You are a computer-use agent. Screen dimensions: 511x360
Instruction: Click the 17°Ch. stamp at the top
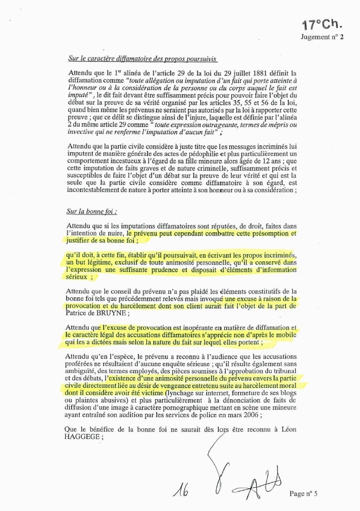click(322, 24)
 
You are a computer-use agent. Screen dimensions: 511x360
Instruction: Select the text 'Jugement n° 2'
click(322, 37)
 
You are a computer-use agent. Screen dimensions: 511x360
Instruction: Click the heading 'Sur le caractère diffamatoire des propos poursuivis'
click(142, 58)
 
